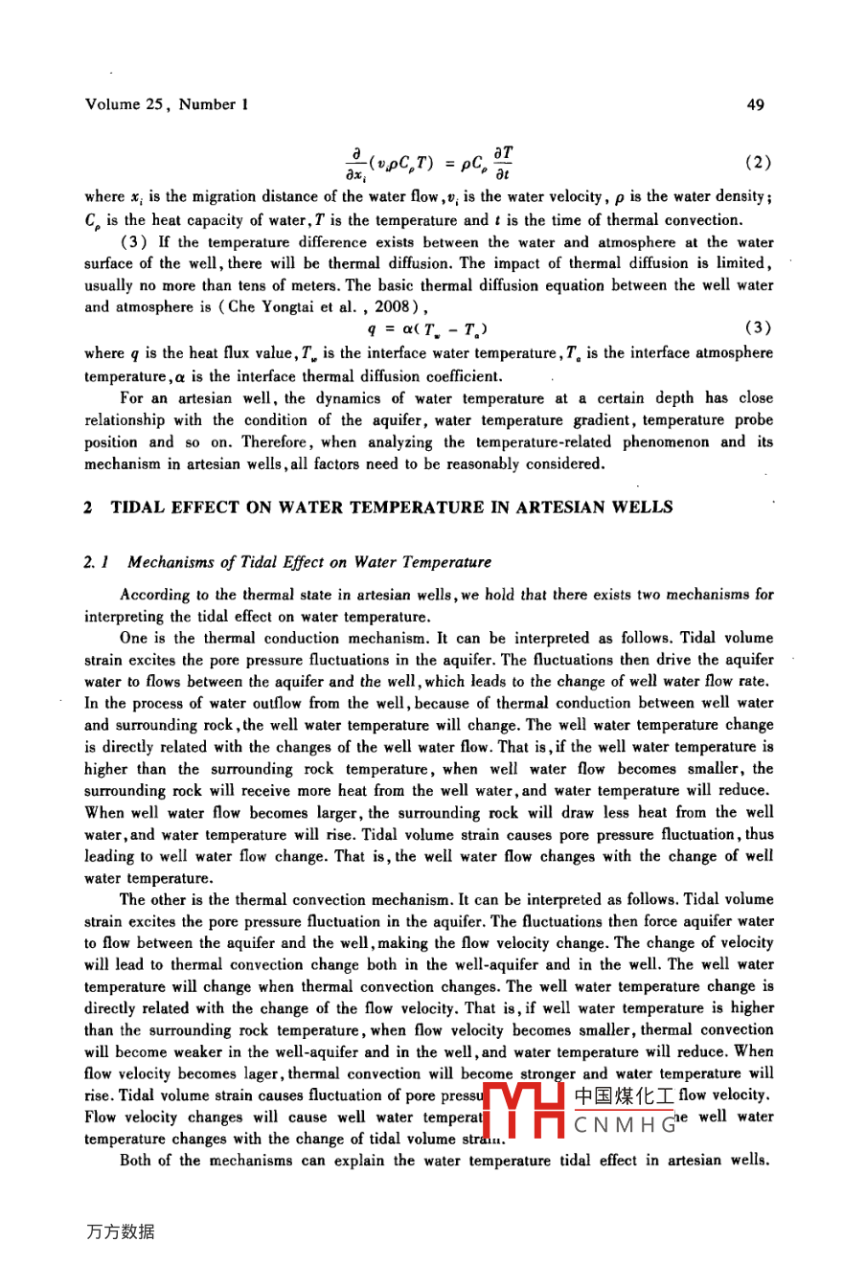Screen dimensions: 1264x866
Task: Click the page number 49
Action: tap(755, 104)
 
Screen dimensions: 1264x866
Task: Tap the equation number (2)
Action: tap(758, 163)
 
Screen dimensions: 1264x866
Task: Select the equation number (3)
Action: tap(758, 327)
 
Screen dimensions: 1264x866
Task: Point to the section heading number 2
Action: tap(89, 508)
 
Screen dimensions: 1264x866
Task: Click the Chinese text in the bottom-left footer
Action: tap(120, 1232)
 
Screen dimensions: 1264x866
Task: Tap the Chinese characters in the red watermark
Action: tap(624, 1095)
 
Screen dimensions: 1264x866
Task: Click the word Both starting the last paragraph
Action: tap(139, 1161)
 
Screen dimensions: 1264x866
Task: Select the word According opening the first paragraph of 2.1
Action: tap(155, 595)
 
